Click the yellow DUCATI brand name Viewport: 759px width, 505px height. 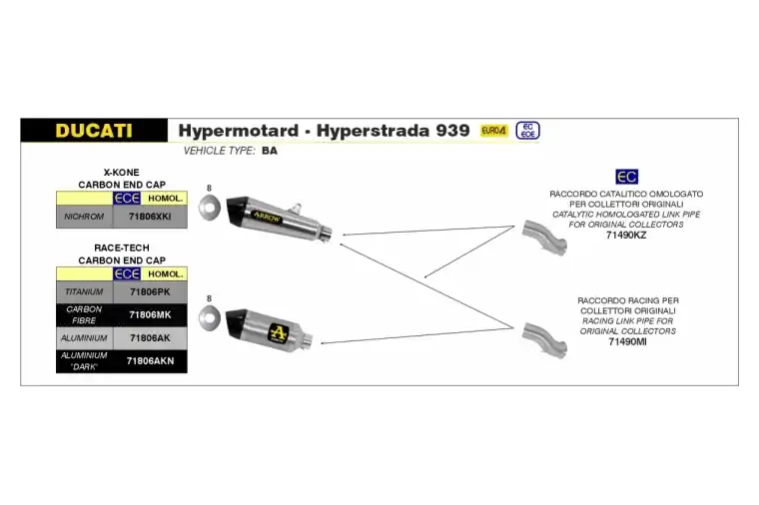(x=94, y=131)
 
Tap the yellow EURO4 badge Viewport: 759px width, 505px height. (x=493, y=131)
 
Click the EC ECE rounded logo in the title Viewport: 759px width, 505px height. (x=527, y=131)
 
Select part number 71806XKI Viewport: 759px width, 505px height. (x=150, y=217)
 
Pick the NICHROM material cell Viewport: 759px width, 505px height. (x=84, y=217)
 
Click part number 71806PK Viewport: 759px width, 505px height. (x=150, y=291)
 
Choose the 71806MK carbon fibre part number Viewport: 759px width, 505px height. (x=150, y=315)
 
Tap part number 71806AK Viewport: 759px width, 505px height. (x=150, y=338)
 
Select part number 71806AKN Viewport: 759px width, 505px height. (x=150, y=361)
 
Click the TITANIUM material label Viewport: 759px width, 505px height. (x=84, y=291)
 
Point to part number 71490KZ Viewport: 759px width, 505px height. (x=626, y=236)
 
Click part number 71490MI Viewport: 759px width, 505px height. (x=627, y=342)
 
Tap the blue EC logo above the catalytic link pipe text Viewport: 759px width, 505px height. (x=627, y=177)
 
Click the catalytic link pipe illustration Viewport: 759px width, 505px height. (x=544, y=237)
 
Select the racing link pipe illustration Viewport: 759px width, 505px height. (x=544, y=340)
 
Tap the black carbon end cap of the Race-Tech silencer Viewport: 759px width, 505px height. (x=237, y=323)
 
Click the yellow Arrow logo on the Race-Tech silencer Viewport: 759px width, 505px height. (x=279, y=332)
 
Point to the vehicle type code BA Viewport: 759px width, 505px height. (x=270, y=151)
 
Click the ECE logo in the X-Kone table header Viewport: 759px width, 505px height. (x=127, y=199)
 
